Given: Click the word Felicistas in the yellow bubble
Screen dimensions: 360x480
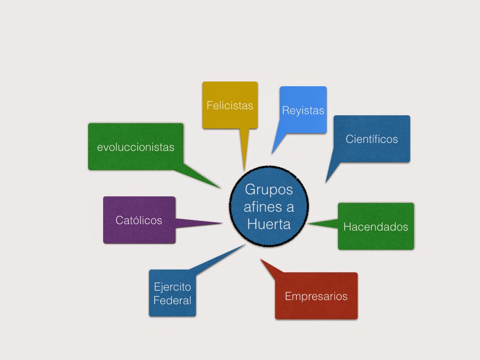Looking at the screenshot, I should click(x=230, y=105).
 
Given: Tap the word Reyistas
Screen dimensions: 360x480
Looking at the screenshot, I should click(x=303, y=111).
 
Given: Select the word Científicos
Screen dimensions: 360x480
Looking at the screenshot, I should click(x=372, y=139).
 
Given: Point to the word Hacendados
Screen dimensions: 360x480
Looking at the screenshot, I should click(x=375, y=227).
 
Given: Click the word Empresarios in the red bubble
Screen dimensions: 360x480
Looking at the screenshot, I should click(x=316, y=296).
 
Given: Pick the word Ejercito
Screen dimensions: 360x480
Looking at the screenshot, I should click(x=172, y=287).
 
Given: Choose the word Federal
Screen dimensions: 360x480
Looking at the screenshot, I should click(x=172, y=300).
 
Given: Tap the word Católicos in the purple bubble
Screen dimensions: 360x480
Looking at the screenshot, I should click(x=139, y=220).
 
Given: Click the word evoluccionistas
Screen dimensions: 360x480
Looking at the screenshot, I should click(x=135, y=147).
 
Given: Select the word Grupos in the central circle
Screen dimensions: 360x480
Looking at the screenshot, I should click(x=269, y=190).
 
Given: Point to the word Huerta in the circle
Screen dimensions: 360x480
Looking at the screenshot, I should click(x=269, y=224).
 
